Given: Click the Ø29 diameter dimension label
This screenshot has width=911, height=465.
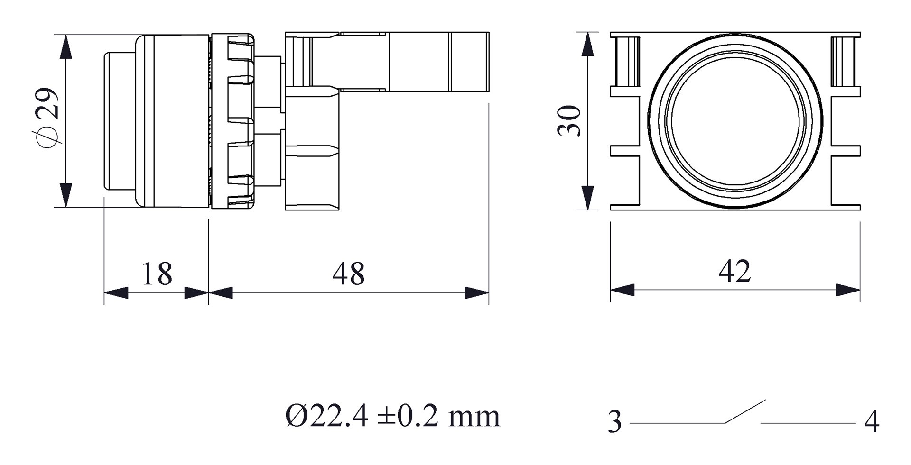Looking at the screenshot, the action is click(47, 119).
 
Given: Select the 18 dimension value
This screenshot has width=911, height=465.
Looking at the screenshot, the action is click(157, 274).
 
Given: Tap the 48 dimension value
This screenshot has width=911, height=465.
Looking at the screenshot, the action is click(349, 274).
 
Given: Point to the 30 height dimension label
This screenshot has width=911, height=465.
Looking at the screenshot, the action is click(569, 121).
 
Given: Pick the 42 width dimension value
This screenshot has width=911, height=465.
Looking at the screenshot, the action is click(735, 271).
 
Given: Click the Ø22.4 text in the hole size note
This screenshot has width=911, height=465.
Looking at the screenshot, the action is click(326, 417).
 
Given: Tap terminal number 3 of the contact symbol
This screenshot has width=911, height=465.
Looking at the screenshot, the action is click(614, 421).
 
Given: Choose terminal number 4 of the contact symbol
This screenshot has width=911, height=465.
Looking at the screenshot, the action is click(872, 421).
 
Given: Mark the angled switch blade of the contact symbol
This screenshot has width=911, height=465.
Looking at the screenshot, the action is click(745, 411).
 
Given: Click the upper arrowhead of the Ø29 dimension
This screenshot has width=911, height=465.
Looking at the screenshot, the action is click(66, 46).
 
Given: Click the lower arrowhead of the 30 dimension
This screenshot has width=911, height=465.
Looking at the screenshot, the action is click(588, 198).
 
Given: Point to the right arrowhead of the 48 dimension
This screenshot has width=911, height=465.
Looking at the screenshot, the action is click(477, 293).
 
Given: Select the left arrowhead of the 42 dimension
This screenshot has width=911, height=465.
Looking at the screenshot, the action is click(623, 290).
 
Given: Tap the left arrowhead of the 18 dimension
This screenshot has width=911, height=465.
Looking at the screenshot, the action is click(116, 293).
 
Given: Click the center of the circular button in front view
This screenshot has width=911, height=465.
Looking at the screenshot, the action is click(735, 121).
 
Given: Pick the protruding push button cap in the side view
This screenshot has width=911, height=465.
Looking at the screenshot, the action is click(120, 121).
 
